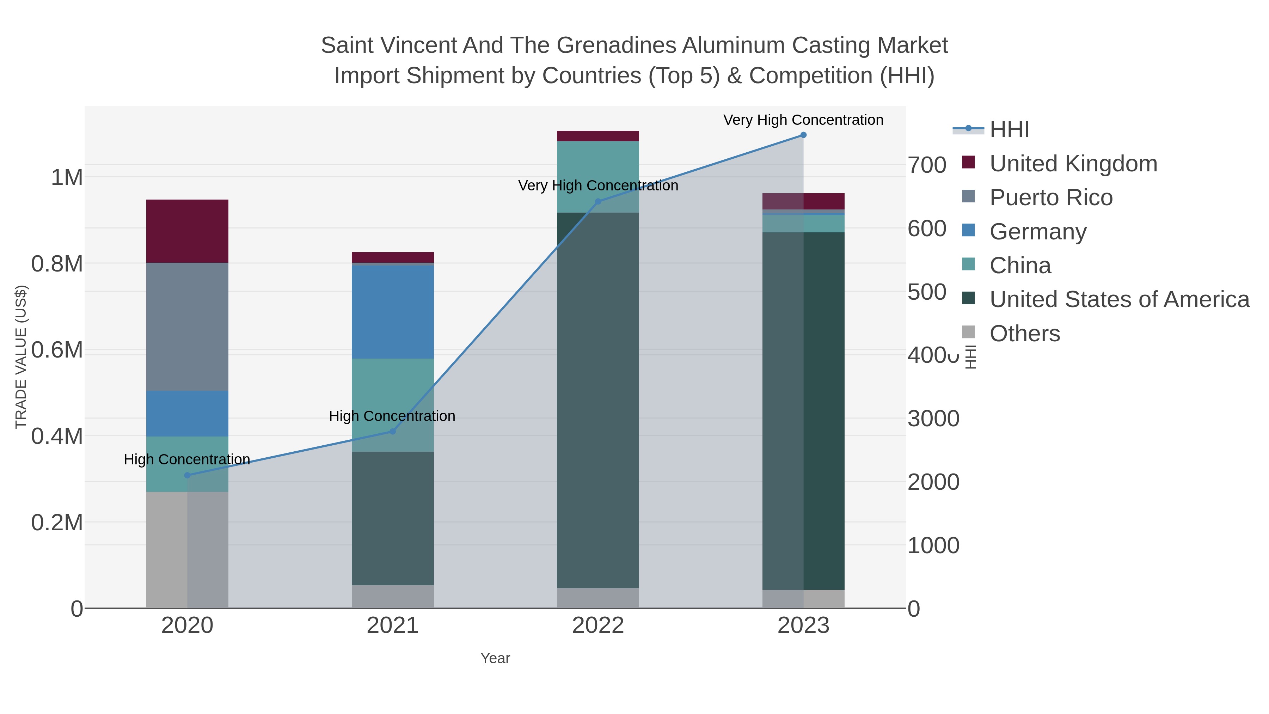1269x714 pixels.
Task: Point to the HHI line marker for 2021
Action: [393, 431]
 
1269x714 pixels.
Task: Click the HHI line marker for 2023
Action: [803, 135]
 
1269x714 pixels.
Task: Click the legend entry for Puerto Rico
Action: [1050, 197]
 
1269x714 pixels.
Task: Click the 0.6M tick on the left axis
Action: [57, 350]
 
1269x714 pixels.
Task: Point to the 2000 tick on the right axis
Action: [933, 482]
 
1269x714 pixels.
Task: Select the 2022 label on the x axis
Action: [597, 626]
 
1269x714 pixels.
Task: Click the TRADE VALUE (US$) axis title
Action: [21, 357]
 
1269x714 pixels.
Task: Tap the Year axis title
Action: [495, 658]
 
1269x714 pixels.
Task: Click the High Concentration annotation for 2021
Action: [392, 416]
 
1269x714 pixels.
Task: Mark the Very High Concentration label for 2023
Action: [803, 120]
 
